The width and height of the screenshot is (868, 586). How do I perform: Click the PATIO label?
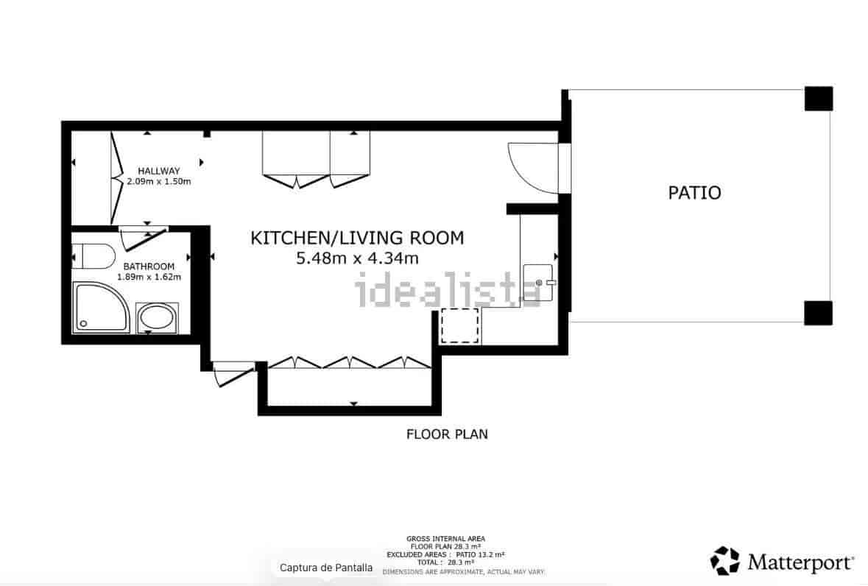coord(694,193)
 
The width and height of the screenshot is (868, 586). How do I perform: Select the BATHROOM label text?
coord(149,266)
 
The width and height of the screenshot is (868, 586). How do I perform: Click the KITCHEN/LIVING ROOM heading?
coord(357,238)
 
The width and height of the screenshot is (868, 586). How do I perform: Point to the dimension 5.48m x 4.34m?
coord(357,258)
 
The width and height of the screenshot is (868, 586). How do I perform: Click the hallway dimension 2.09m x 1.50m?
coord(158,181)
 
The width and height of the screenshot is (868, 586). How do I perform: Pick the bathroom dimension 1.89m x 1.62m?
coord(149,277)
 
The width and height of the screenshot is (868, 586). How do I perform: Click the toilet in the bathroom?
coord(95,257)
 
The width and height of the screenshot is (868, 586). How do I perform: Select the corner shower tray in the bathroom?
coord(101,306)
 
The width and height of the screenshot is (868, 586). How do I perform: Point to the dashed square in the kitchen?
coord(460,326)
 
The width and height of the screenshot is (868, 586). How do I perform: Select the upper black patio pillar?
coord(818,99)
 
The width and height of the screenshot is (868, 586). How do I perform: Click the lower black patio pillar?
coord(818,312)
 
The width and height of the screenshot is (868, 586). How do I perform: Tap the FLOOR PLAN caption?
coord(447,434)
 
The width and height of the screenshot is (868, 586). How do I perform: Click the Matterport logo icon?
coord(724,561)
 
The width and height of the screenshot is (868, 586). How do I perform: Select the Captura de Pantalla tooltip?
coord(326,568)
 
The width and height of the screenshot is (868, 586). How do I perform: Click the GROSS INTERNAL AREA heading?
coord(445,539)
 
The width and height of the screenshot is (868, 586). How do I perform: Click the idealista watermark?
coord(448,289)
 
